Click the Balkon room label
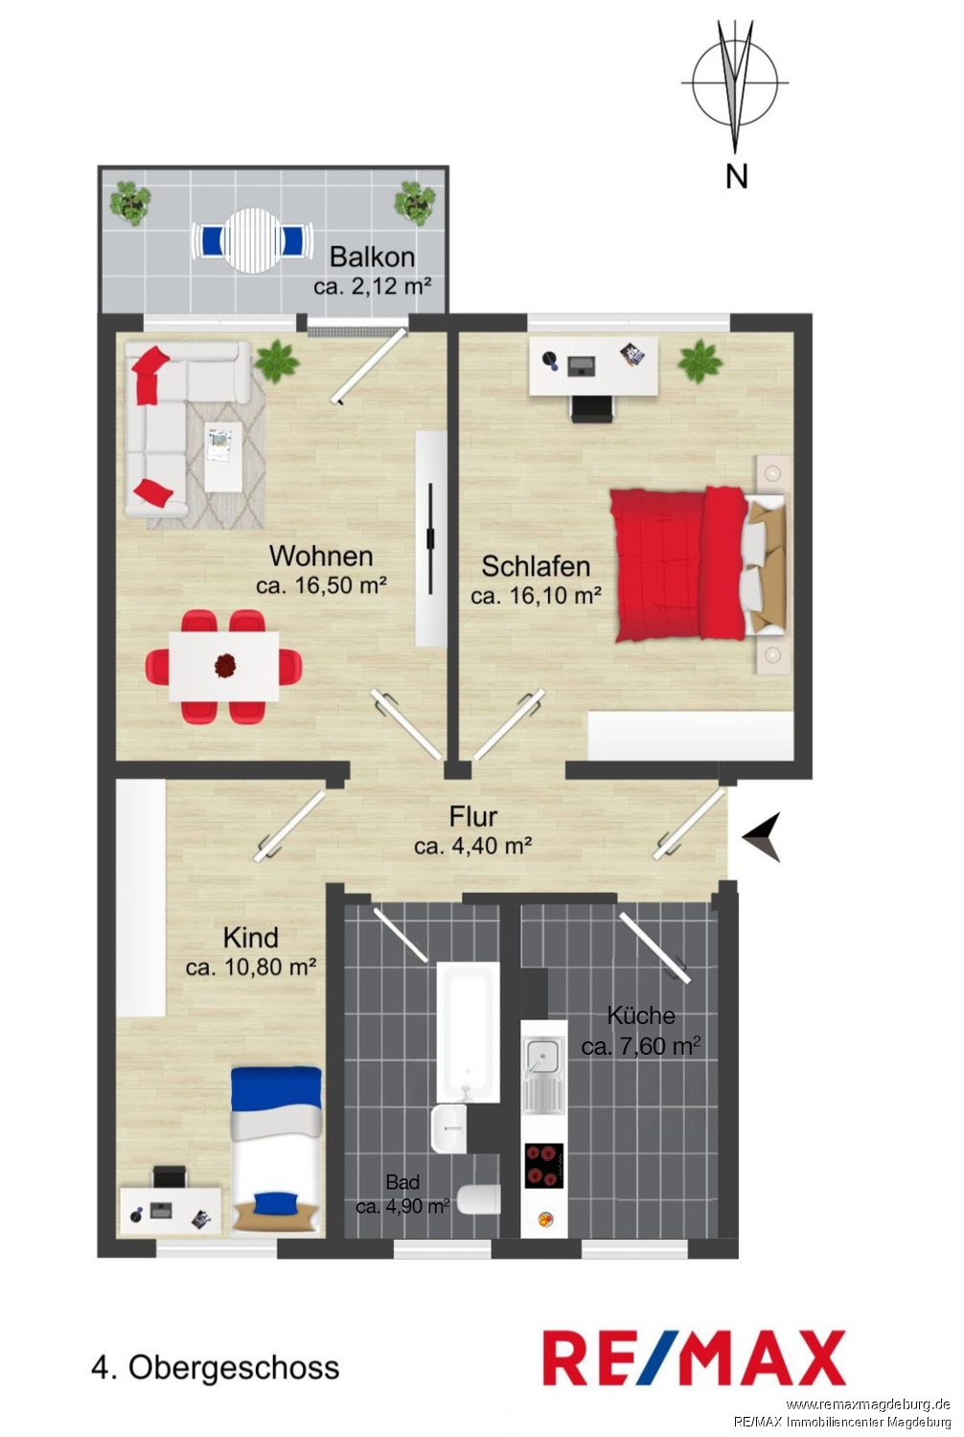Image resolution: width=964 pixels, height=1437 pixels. (x=372, y=257)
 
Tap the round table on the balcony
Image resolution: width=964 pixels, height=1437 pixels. (x=252, y=239)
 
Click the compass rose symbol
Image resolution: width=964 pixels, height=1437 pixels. (x=735, y=82)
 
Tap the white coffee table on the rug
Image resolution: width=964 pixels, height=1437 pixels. (x=223, y=456)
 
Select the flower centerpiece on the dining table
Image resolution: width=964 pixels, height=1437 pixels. (x=224, y=665)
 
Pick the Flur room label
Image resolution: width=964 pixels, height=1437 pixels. (x=473, y=816)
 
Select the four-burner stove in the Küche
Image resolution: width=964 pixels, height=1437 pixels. (x=544, y=1166)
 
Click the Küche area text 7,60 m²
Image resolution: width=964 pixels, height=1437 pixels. (x=655, y=1047)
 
